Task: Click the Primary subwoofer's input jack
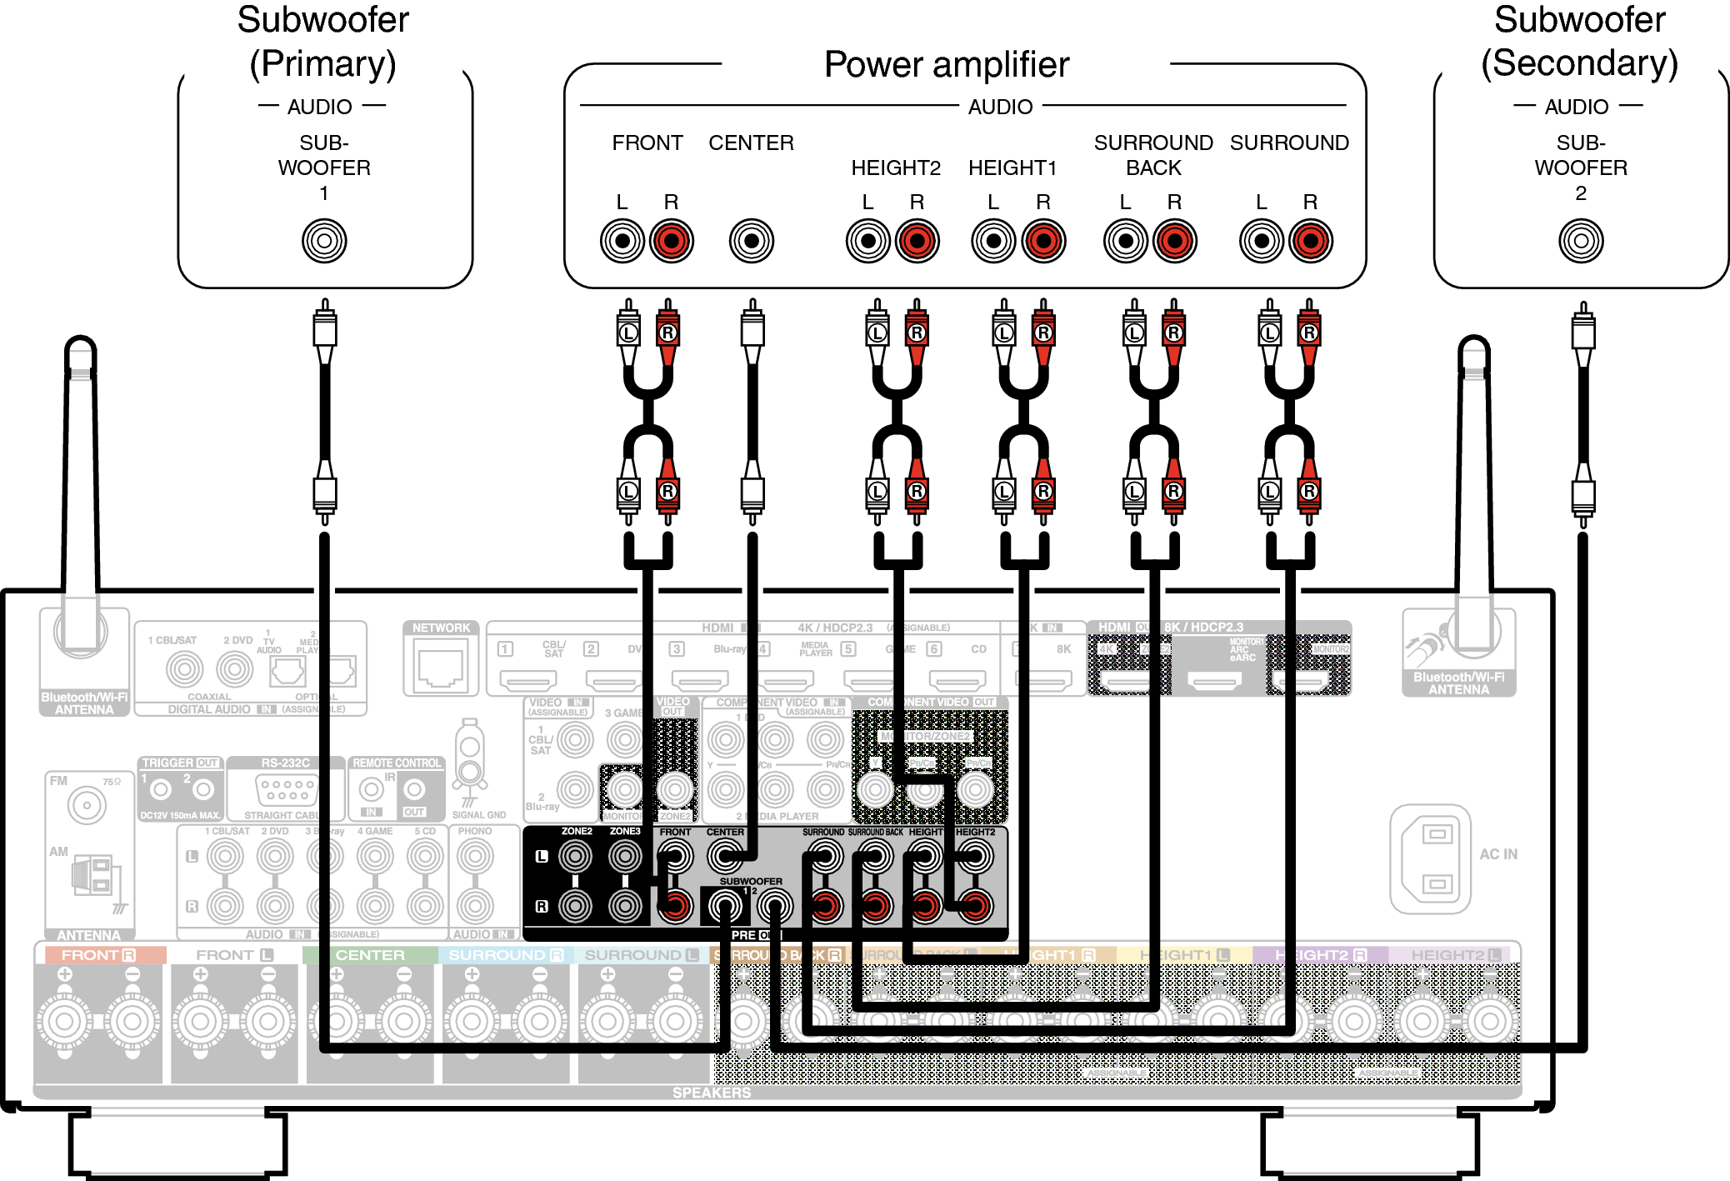tap(324, 241)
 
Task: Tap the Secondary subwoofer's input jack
tap(1580, 241)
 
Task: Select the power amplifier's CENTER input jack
tap(751, 241)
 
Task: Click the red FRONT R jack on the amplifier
tap(671, 241)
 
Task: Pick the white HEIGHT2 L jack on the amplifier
tap(867, 241)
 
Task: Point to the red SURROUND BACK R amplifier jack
tap(1174, 241)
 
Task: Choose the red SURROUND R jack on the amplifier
tap(1310, 241)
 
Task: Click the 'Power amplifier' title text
tap(946, 64)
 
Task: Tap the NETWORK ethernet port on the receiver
tap(441, 667)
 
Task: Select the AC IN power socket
tap(1430, 858)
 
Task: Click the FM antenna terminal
tap(86, 805)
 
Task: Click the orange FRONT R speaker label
tap(98, 955)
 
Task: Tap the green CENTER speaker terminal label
tap(370, 955)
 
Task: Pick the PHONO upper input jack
tap(475, 856)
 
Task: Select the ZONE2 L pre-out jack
tap(575, 856)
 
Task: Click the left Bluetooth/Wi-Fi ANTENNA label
tap(84, 703)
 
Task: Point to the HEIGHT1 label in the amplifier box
tap(1012, 168)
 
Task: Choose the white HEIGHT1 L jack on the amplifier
tap(992, 241)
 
